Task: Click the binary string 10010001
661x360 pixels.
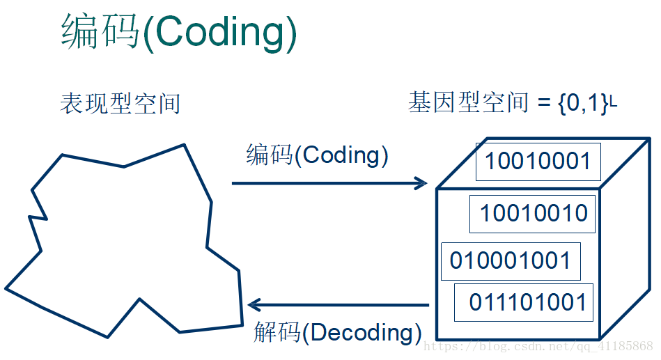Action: tap(538, 161)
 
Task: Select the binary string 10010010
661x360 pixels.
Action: tap(534, 213)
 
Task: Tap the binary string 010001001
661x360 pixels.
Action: tap(510, 260)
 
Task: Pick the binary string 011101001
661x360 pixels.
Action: tap(527, 302)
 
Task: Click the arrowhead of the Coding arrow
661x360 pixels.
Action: tap(421, 183)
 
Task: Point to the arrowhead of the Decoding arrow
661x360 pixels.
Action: tap(254, 305)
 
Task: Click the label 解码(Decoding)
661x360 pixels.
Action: tap(337, 333)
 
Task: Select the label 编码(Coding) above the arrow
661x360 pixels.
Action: tap(317, 155)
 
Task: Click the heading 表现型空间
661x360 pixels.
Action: tap(120, 103)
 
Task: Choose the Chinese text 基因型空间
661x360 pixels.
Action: tap(468, 102)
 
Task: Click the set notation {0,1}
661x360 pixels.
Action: tap(584, 103)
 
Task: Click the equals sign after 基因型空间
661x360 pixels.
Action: tap(544, 104)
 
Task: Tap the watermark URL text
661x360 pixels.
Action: tap(538, 347)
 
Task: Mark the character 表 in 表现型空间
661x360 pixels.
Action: tap(72, 103)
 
